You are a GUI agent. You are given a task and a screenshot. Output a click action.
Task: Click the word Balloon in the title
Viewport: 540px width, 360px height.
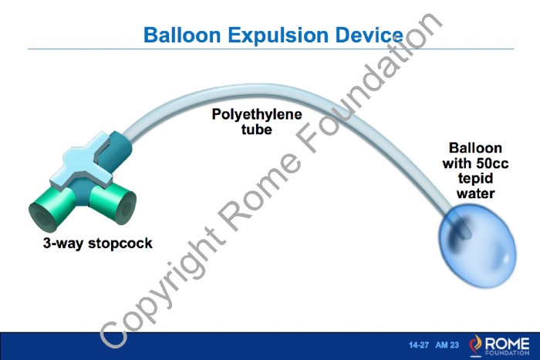point(182,35)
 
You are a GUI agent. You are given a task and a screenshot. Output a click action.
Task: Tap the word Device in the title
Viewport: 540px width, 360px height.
point(370,35)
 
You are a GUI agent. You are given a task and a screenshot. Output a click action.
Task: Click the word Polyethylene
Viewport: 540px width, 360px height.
point(257,115)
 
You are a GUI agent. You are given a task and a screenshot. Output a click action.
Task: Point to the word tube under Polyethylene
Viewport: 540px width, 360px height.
point(257,130)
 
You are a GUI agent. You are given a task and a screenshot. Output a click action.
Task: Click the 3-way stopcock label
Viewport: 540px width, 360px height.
point(98,244)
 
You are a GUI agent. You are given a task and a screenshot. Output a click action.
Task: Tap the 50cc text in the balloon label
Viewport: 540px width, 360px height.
point(492,163)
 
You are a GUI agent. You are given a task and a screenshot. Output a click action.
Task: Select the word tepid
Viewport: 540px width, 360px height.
point(476,179)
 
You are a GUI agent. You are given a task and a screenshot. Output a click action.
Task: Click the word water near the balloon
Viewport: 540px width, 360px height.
point(476,193)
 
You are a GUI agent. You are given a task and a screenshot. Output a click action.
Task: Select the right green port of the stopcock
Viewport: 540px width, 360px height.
point(113,203)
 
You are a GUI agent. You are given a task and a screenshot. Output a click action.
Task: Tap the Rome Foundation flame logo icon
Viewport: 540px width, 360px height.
point(476,345)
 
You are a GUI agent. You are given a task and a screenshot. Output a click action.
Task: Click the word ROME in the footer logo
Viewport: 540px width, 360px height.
point(507,343)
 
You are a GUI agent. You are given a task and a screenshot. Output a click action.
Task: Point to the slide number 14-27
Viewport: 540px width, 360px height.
point(419,345)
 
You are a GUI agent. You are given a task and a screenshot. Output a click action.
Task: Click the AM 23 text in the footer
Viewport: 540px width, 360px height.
point(447,345)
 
